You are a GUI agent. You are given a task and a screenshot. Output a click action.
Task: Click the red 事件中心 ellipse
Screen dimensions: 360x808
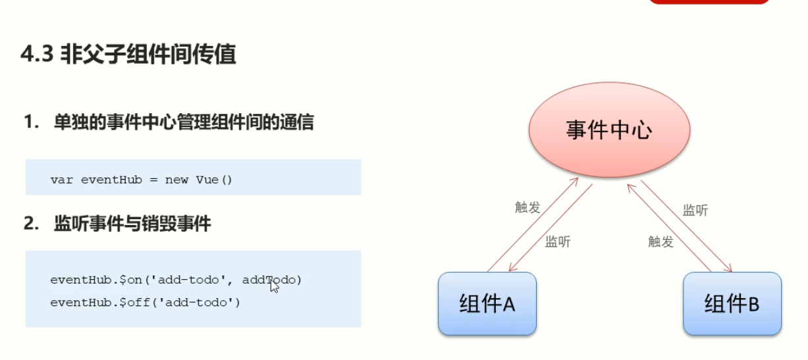click(x=608, y=131)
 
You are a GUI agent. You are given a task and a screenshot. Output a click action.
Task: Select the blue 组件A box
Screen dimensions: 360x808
click(x=487, y=304)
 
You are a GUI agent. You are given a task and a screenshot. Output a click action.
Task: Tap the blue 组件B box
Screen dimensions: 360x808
click(x=732, y=304)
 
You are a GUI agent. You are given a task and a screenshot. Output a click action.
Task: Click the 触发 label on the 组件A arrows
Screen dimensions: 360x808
click(x=527, y=207)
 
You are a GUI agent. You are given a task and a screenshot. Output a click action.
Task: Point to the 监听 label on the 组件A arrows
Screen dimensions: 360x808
click(x=558, y=242)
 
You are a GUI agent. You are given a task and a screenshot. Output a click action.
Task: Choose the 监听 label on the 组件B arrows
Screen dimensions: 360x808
click(x=695, y=210)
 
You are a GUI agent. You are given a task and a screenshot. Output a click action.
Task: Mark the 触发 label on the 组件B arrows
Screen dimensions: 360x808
click(x=660, y=242)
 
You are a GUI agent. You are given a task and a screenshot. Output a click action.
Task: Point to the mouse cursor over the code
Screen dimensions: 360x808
click(x=273, y=284)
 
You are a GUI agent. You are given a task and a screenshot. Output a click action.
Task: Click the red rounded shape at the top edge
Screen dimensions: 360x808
click(x=709, y=2)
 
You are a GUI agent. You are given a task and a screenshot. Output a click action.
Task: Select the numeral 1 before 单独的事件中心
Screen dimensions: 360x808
click(x=28, y=122)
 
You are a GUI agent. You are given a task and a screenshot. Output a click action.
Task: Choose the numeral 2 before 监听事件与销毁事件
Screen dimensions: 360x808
click(x=28, y=224)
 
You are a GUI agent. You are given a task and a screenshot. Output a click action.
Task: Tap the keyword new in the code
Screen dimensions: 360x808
click(x=176, y=180)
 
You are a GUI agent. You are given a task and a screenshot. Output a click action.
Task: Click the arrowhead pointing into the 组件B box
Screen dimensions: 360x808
click(x=728, y=269)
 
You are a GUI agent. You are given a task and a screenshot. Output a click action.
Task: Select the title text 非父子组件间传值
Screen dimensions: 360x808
click(x=148, y=55)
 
